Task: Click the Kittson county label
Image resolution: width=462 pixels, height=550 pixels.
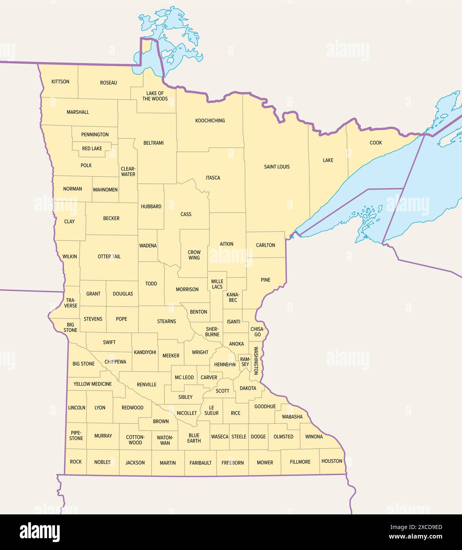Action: click(60, 82)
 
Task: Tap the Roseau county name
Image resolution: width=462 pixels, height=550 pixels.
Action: click(108, 83)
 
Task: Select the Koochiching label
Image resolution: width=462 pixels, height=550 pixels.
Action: click(210, 121)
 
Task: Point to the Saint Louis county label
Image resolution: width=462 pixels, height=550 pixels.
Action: click(277, 167)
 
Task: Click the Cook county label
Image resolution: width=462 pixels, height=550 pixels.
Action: click(375, 143)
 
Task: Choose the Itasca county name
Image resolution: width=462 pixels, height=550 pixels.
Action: click(213, 178)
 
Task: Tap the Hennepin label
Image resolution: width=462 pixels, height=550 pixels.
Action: click(224, 364)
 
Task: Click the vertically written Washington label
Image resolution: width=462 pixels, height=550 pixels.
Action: click(256, 361)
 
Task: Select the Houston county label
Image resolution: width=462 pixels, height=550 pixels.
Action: click(332, 461)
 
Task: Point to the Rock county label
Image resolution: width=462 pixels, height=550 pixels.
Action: click(75, 462)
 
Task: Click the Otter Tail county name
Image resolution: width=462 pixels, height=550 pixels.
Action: click(109, 256)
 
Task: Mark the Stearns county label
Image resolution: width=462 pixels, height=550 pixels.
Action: click(166, 321)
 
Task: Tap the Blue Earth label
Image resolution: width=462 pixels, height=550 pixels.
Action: click(194, 438)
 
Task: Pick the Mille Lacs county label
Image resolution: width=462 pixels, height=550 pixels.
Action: click(217, 284)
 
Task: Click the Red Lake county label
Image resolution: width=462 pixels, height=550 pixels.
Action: click(92, 149)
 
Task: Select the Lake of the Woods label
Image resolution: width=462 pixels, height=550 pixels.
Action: click(155, 96)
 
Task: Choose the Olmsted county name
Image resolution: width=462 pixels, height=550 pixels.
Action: click(283, 437)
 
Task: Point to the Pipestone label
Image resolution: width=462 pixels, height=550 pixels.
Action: click(76, 436)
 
